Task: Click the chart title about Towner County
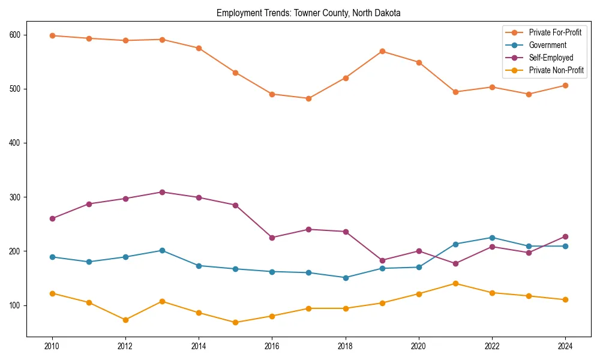coord(308,13)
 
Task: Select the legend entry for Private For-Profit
coord(555,32)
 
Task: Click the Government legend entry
coord(547,45)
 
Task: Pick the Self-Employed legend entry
coord(551,58)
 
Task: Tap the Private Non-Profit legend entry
coord(556,70)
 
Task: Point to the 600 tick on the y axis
coord(14,35)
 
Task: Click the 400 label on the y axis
coord(14,143)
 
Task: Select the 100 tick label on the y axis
coord(14,305)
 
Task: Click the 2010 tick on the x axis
coord(52,346)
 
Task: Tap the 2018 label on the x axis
coord(345,346)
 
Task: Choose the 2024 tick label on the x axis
coord(565,346)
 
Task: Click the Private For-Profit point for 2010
coord(52,35)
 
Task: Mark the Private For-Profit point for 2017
coord(308,98)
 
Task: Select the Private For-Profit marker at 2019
coord(382,51)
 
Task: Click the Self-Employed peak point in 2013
coord(162,192)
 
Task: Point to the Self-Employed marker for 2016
coord(272,238)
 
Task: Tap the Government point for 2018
coord(345,278)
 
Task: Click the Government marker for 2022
coord(491,238)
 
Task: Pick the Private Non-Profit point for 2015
coord(235,322)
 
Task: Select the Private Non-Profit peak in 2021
coord(455,283)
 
